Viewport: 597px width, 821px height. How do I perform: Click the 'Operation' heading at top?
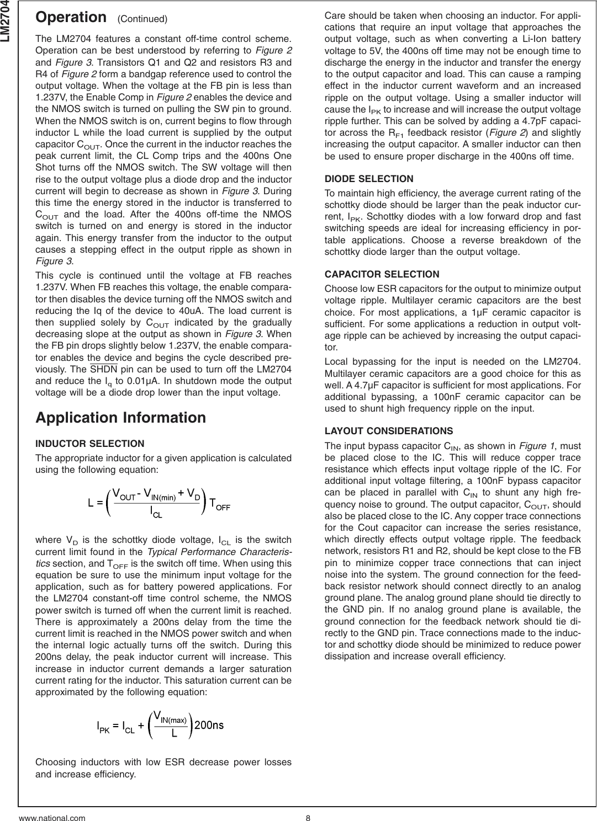(70, 17)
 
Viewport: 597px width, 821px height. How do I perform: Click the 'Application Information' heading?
(120, 418)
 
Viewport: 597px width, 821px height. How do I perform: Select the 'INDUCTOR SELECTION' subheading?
(90, 444)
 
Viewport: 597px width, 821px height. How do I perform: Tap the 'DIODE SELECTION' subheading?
(369, 179)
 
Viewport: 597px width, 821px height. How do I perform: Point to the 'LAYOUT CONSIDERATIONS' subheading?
(389, 431)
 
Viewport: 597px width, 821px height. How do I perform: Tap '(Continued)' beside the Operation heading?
(142, 19)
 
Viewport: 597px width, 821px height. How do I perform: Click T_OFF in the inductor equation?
(220, 504)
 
